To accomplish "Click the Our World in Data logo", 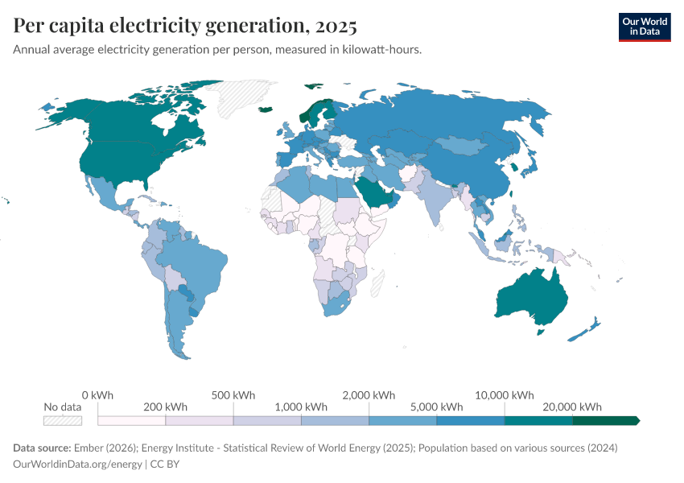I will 644,27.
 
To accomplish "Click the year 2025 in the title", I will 336,27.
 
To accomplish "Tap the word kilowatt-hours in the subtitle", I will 383,50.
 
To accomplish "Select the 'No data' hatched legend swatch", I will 63,420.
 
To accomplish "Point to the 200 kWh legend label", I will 165,407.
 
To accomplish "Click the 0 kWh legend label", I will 97,395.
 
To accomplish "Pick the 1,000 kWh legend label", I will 301,407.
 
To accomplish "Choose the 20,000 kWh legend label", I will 573,407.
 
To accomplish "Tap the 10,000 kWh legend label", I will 505,395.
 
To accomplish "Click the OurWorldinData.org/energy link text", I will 77,464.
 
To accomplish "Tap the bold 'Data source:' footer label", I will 42,448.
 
